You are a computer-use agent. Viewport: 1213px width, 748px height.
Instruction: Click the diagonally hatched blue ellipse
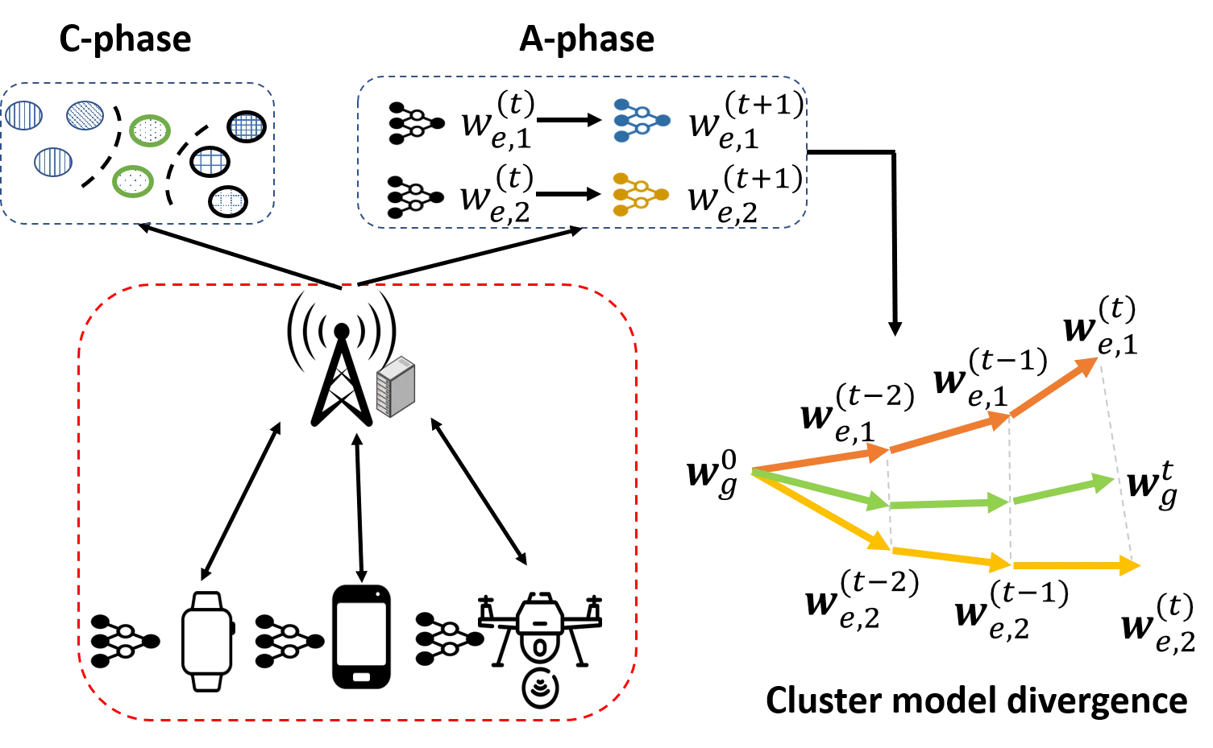[85, 114]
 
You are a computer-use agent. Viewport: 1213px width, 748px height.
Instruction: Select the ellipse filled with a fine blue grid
[247, 126]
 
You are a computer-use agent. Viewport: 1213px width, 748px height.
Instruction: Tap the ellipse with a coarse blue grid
[210, 161]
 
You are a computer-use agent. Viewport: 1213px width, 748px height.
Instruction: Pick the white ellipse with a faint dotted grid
[228, 200]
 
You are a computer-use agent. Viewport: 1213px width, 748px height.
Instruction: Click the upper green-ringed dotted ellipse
[149, 130]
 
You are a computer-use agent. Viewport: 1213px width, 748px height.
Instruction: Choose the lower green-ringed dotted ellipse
[132, 181]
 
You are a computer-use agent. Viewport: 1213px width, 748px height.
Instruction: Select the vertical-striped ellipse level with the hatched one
[23, 115]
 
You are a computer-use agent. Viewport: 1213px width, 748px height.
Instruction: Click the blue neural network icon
[642, 121]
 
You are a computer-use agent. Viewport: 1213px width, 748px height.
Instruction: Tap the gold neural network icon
[640, 194]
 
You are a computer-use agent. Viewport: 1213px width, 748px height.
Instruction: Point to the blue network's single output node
[663, 121]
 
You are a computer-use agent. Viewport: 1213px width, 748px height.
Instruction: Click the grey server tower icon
[396, 386]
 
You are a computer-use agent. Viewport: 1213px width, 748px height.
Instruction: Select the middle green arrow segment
[947, 504]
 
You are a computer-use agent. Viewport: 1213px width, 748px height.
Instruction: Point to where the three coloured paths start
[752, 471]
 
